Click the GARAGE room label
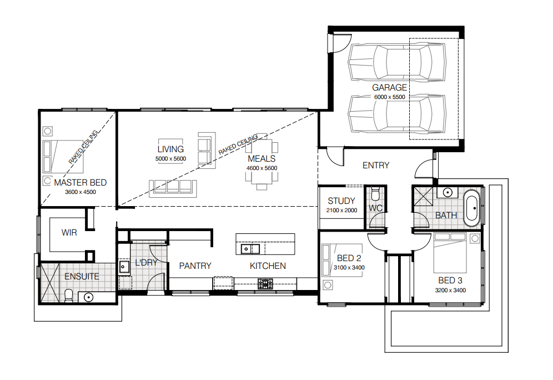pyautogui.click(x=389, y=87)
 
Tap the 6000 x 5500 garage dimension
pyautogui.click(x=389, y=97)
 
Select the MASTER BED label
pyautogui.click(x=81, y=182)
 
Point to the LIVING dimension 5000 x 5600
pyautogui.click(x=170, y=159)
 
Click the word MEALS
pyautogui.click(x=262, y=159)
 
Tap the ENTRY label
pyautogui.click(x=376, y=165)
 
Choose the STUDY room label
pyautogui.click(x=341, y=201)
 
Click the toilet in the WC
pyautogui.click(x=375, y=193)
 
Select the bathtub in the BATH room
pyautogui.click(x=471, y=208)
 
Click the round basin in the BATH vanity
pyautogui.click(x=448, y=193)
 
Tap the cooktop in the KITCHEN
pyautogui.click(x=265, y=284)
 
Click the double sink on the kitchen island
pyautogui.click(x=250, y=249)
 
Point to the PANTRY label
pyautogui.click(x=195, y=266)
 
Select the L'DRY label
pyautogui.click(x=146, y=263)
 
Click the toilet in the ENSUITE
pyautogui.click(x=69, y=296)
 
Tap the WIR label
pyautogui.click(x=69, y=233)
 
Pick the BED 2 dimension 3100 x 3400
pyautogui.click(x=349, y=267)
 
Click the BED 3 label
pyautogui.click(x=450, y=280)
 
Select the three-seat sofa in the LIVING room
pyautogui.click(x=173, y=188)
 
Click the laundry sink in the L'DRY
pyautogui.click(x=124, y=267)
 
